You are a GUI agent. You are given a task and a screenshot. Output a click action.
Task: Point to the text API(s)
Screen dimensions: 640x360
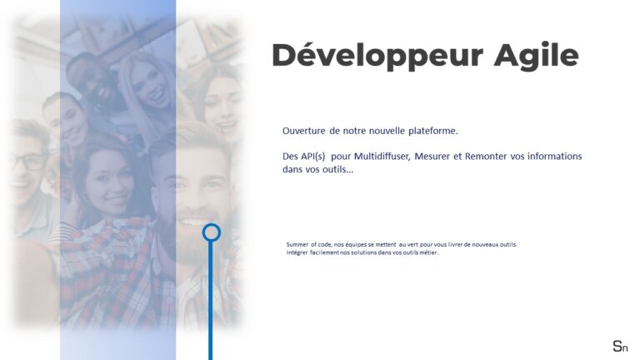tap(313, 157)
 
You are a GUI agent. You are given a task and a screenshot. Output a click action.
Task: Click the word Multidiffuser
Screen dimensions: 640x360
tap(382, 157)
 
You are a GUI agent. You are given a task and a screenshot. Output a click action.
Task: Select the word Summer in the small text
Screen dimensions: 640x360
tap(297, 244)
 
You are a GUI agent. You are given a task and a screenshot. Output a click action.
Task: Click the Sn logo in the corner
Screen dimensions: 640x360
tap(620, 347)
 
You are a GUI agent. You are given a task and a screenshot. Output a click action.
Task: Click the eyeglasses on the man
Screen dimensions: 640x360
tap(27, 162)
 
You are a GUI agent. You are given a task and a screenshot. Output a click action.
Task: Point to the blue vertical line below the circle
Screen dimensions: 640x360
tap(211, 301)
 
